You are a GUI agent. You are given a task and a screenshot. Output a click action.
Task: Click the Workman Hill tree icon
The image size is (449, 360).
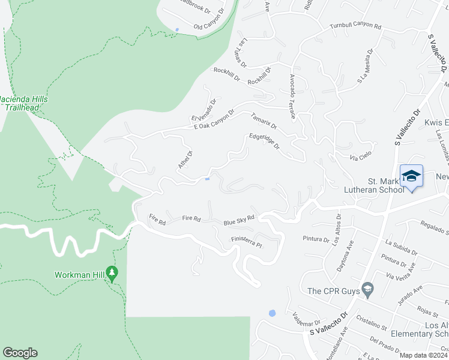112,274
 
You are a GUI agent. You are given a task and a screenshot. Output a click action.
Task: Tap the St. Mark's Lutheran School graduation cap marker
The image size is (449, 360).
411,176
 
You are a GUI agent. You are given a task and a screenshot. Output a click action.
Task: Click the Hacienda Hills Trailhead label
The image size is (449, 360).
24,103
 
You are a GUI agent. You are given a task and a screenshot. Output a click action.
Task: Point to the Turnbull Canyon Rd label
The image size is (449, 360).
355,26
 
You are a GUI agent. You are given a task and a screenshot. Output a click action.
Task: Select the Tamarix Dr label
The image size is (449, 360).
264,121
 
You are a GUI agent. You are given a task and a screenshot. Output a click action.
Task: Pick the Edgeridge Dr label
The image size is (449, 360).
264,142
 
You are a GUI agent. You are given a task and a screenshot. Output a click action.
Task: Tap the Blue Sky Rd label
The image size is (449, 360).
240,221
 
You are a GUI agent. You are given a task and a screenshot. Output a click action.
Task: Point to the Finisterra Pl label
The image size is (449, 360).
247,242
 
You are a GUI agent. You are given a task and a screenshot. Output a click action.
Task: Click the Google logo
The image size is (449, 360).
20,353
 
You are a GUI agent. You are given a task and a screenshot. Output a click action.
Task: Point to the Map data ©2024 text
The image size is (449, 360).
424,355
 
